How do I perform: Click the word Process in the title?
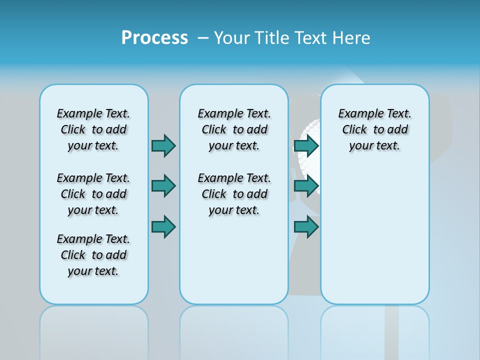click(x=154, y=38)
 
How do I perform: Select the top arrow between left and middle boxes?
click(x=163, y=145)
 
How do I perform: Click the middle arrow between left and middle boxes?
click(x=163, y=186)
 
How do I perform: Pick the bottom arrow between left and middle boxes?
click(x=163, y=226)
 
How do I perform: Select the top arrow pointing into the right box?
click(x=306, y=145)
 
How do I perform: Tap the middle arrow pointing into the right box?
click(x=306, y=186)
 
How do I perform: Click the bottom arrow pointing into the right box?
click(x=306, y=226)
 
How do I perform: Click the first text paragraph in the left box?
click(x=93, y=129)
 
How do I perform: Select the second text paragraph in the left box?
click(x=93, y=194)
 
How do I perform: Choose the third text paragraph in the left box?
click(x=93, y=255)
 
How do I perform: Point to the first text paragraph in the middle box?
click(x=234, y=129)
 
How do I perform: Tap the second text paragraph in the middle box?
click(x=234, y=194)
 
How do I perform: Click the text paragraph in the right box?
click(x=374, y=129)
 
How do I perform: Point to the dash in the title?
click(x=203, y=38)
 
